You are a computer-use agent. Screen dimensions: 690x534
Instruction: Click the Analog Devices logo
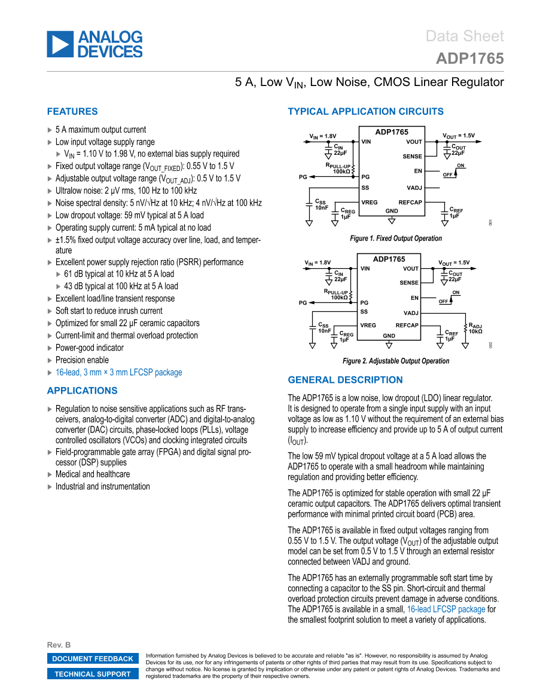[x=94, y=44]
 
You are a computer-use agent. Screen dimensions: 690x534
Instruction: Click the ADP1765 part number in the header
[x=469, y=59]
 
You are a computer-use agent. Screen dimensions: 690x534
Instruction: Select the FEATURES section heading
[x=72, y=112]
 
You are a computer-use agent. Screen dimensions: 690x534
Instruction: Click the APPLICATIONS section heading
[x=82, y=391]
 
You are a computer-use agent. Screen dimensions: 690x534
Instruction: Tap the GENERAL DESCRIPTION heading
[x=345, y=380]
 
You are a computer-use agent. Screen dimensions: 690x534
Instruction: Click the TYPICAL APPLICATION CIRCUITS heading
[x=365, y=112]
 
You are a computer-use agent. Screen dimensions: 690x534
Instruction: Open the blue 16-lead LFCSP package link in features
[x=118, y=372]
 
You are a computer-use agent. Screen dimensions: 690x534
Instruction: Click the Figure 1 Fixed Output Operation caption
[x=396, y=238]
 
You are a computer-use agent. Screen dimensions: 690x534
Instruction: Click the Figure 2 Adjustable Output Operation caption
[x=396, y=361]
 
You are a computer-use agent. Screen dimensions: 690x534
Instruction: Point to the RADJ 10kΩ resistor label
[x=475, y=328]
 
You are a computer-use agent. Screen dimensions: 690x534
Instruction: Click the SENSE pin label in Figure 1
[x=412, y=157]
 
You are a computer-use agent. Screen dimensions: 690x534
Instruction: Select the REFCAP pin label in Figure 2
[x=407, y=325]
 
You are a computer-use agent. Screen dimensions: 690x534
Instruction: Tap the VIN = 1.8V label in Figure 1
[x=322, y=136]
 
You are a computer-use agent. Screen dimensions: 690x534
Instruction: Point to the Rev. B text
[x=59, y=645]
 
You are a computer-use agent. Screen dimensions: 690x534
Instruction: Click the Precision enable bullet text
[x=82, y=360]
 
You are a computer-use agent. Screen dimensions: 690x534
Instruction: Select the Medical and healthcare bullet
[x=93, y=474]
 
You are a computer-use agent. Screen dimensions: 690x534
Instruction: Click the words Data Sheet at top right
[x=465, y=36]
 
